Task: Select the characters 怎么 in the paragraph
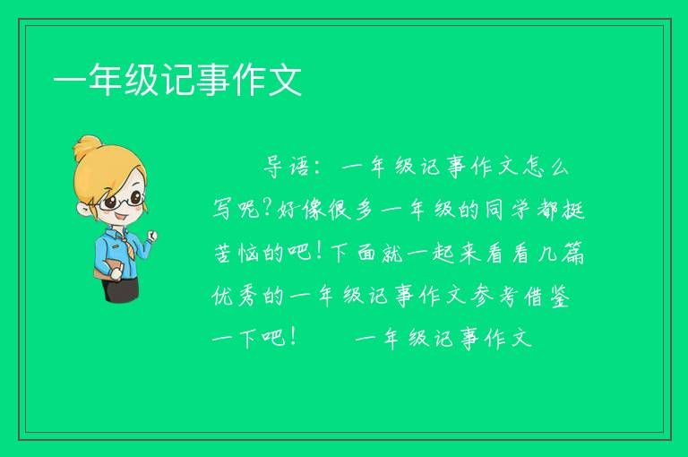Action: coord(546,167)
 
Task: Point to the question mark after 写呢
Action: coord(267,208)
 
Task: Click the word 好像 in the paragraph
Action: coord(301,209)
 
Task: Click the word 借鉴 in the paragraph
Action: coord(546,295)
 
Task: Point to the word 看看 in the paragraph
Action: coord(507,252)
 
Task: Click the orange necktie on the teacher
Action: coord(126,246)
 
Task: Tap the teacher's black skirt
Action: coord(121,289)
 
